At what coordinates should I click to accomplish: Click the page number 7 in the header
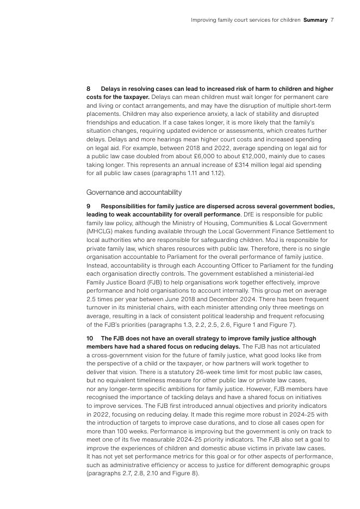pos(332,20)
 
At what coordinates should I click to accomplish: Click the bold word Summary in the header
pos(315,20)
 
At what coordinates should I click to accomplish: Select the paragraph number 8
pos(89,89)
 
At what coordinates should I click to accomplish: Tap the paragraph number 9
pos(89,207)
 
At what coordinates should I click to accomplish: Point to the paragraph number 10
pos(90,338)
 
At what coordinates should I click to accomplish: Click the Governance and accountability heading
pos(134,193)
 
